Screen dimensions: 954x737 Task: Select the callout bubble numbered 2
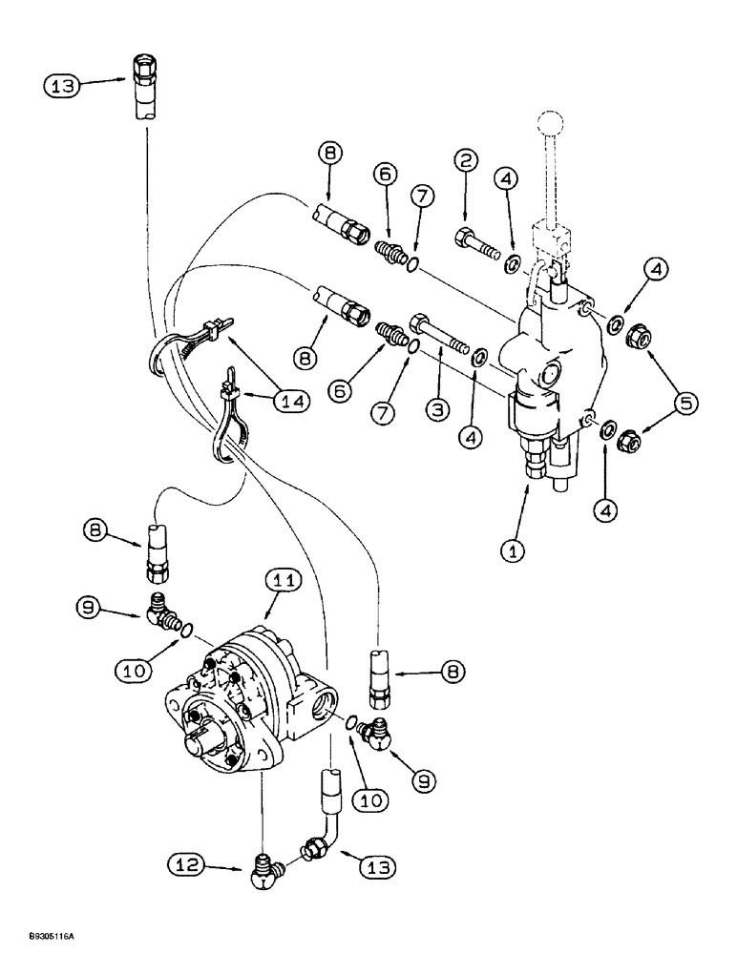click(x=466, y=160)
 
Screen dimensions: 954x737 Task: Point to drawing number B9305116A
click(x=39, y=939)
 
